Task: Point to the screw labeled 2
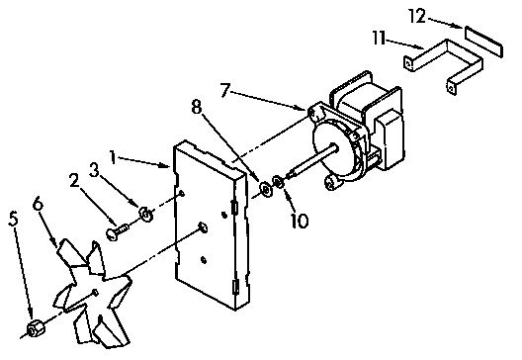118,230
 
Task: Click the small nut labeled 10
282,181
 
